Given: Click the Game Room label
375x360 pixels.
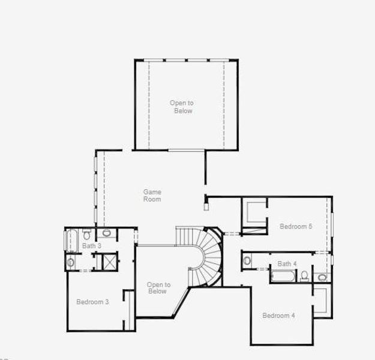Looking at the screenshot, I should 152,196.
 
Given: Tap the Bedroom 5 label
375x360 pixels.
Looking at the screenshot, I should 296,226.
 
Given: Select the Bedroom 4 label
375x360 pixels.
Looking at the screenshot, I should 278,316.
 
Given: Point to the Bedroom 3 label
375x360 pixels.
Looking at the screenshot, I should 92,302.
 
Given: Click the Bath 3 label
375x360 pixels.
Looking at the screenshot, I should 92,246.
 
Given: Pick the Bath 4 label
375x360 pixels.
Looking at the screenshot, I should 287,264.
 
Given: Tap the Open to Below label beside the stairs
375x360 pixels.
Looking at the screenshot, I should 158,288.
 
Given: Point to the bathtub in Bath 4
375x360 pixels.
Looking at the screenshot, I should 283,276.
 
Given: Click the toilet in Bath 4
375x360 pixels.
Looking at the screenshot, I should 304,275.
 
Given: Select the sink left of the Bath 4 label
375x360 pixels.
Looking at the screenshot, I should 247,260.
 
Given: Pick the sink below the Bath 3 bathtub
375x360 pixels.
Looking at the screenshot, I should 71,262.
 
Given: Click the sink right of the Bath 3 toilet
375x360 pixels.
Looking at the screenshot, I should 107,233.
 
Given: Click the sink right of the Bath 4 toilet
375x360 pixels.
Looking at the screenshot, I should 322,277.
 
